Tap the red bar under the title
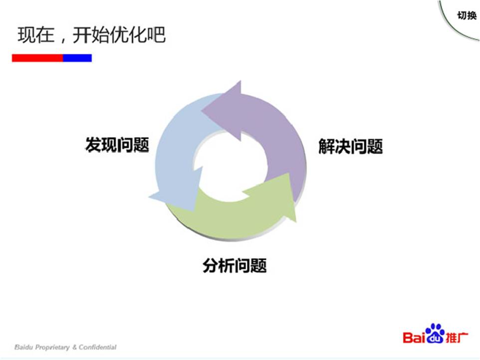coord(37,58)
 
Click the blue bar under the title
coord(77,58)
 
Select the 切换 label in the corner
coord(467,15)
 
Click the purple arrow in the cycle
coord(269,125)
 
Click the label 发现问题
coord(117,145)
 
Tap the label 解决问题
coord(351,147)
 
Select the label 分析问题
coord(235,265)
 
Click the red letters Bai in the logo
coord(414,338)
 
